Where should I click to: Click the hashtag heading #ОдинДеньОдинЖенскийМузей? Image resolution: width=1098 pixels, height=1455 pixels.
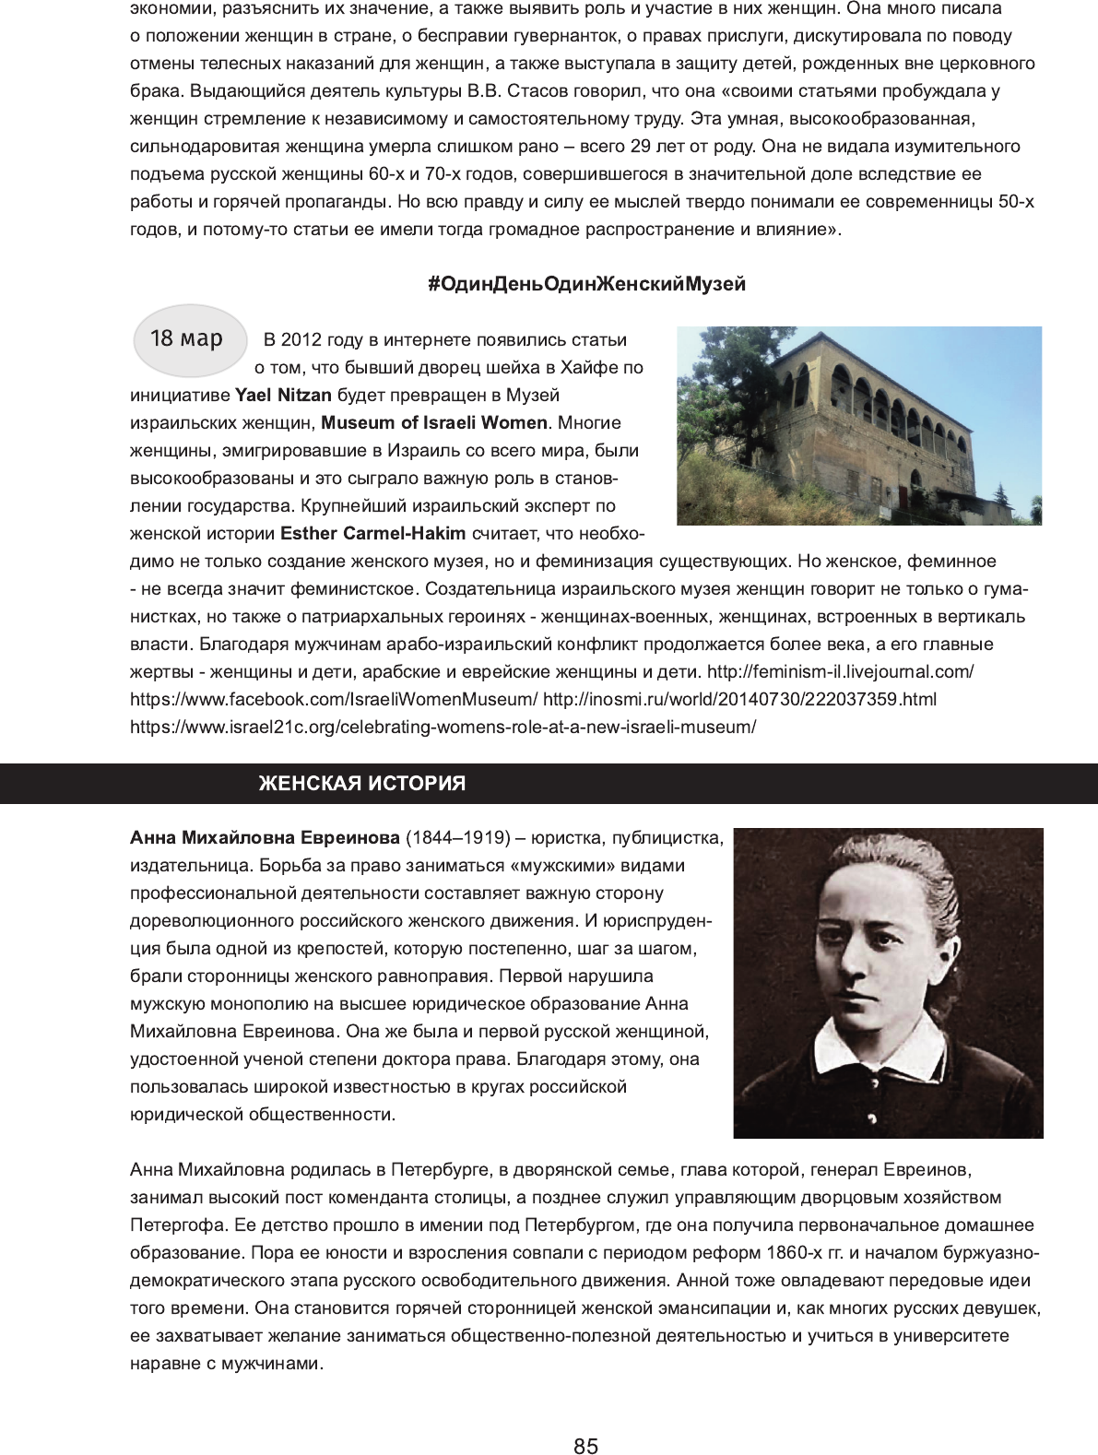(586, 284)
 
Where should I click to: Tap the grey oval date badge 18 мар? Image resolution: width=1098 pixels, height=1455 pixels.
(187, 339)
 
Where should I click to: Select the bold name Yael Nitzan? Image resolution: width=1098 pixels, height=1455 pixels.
(284, 396)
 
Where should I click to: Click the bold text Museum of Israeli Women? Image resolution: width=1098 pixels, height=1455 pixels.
(434, 423)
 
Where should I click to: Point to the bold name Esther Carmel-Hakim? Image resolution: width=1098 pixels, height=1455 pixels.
(373, 534)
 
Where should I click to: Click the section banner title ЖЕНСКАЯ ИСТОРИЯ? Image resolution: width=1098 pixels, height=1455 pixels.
(361, 784)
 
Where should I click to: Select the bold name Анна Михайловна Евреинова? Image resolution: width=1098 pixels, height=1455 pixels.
(265, 838)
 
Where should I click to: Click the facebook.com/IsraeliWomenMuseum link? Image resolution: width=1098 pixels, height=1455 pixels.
(334, 699)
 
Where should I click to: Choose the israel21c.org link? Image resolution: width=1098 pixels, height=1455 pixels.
(443, 727)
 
